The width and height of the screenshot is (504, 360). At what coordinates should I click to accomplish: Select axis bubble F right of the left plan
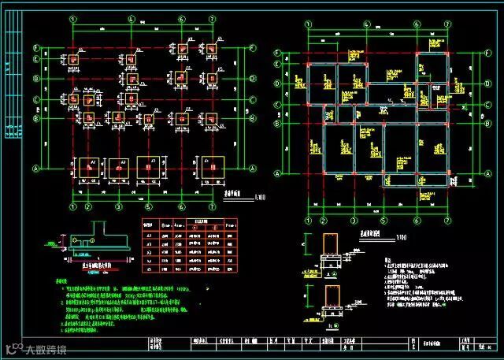point(252,48)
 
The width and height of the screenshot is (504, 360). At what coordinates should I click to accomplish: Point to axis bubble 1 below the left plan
point(72,207)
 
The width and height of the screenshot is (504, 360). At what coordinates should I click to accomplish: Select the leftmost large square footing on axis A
point(87,167)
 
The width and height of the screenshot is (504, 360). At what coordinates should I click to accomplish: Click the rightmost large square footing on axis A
point(210,167)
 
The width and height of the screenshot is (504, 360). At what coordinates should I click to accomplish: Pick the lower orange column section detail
point(331,298)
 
